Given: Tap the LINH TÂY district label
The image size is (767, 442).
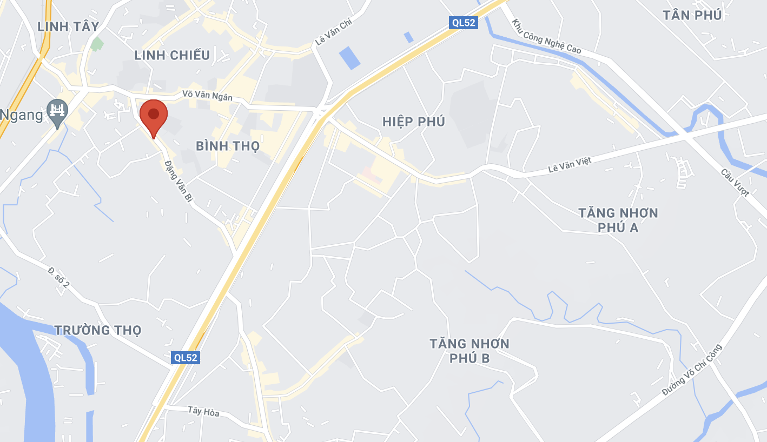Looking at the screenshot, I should [x=68, y=26].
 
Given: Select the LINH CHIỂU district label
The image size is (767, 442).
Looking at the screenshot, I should [x=172, y=55].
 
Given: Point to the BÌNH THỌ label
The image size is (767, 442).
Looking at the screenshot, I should [x=228, y=146].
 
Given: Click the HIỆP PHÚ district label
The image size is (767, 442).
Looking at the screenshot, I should [x=414, y=122].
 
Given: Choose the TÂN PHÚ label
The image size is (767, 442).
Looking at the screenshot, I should [x=692, y=15].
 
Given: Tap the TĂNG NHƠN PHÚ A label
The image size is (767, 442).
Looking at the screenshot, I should [x=618, y=220].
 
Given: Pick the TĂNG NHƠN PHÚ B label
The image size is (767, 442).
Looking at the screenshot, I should [x=470, y=350].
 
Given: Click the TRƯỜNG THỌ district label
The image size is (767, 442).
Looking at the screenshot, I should [x=98, y=330].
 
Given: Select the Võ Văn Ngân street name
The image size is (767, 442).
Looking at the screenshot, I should [x=207, y=96].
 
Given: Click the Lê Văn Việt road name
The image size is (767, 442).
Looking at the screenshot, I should [x=570, y=165].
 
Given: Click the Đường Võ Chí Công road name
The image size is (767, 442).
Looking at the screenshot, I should [x=692, y=370].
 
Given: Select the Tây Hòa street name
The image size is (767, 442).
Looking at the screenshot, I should [x=203, y=412].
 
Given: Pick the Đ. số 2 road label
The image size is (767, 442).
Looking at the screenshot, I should [x=58, y=277].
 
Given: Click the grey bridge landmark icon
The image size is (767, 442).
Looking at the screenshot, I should [x=57, y=111].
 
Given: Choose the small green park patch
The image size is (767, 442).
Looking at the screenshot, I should [x=97, y=44].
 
